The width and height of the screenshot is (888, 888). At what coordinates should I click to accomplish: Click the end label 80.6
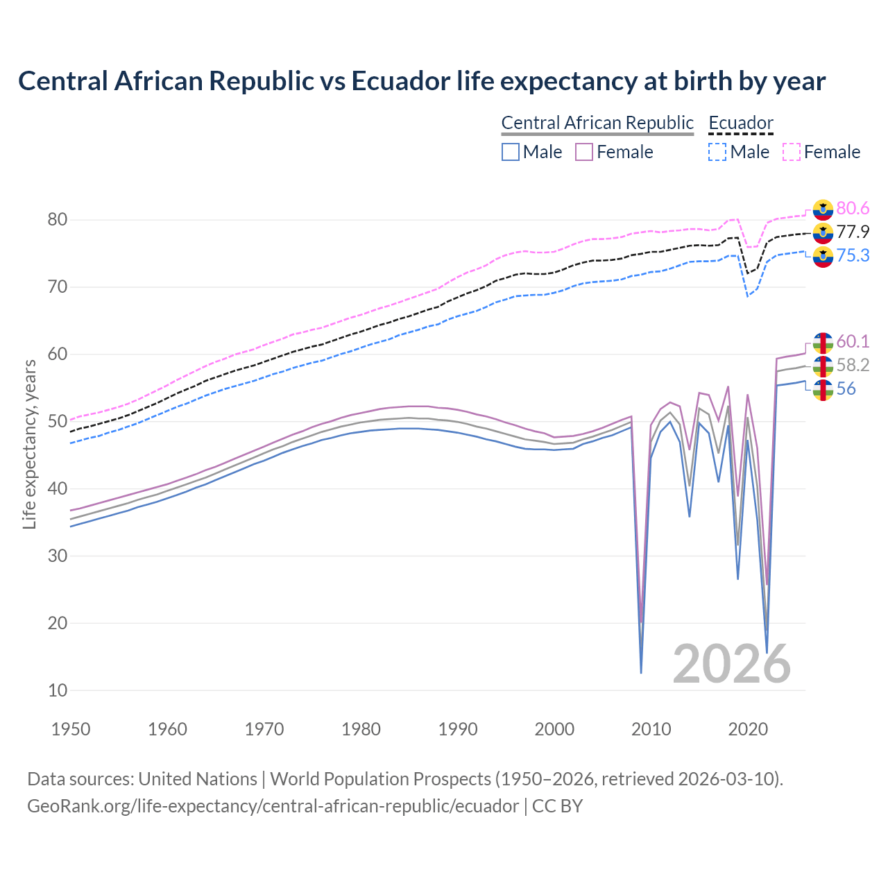click(853, 209)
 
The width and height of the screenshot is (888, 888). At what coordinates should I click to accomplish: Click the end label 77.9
click(853, 232)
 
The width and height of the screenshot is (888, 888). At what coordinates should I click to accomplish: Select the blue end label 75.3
click(853, 256)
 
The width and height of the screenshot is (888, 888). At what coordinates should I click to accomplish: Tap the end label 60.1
click(853, 341)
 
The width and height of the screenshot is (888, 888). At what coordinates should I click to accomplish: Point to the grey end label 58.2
click(853, 365)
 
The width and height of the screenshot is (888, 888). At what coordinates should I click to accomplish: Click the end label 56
click(846, 388)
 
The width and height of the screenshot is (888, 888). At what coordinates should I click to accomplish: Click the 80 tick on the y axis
click(58, 220)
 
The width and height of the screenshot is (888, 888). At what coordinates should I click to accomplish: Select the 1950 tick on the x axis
click(71, 729)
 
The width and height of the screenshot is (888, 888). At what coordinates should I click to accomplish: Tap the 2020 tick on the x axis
click(748, 729)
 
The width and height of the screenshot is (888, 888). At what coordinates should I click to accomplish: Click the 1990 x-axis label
click(458, 729)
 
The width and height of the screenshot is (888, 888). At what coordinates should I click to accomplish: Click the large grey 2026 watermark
click(732, 665)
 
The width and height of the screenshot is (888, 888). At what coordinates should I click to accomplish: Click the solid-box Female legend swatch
click(584, 152)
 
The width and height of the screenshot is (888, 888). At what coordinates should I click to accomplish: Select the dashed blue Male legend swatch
click(717, 152)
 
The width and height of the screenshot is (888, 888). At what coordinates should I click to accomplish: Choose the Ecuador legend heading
click(740, 123)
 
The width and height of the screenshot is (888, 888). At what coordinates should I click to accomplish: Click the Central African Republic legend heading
click(597, 123)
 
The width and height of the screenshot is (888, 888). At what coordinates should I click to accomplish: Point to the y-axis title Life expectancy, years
click(29, 444)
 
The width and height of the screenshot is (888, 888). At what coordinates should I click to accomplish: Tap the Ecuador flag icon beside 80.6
click(823, 210)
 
